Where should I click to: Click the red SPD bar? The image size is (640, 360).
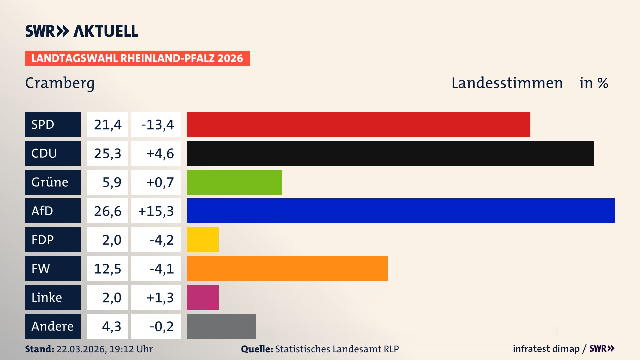tap(358, 124)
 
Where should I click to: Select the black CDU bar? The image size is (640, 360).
tap(390, 153)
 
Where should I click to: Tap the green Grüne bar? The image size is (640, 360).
tap(234, 182)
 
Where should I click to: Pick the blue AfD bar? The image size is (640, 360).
tap(401, 211)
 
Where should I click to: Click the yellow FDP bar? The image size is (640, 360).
tap(203, 240)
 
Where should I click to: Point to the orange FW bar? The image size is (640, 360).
tap(287, 268)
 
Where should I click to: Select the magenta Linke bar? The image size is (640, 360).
tap(203, 297)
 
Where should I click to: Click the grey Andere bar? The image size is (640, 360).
tap(221, 326)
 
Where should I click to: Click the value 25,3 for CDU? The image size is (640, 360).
tap(107, 153)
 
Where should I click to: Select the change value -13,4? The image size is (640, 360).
tap(157, 125)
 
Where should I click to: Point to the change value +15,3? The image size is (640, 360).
tap(156, 211)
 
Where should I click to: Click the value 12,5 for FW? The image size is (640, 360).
tap(107, 269)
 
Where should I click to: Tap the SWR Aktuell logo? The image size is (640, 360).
tap(81, 31)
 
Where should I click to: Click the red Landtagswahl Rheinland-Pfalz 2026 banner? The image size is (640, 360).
tap(137, 58)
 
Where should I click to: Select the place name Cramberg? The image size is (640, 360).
tap(60, 83)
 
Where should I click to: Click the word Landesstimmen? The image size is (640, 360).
tap(507, 83)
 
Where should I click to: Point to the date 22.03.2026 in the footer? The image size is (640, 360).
tap(81, 349)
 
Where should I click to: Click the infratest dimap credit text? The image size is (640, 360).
tap(546, 349)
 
